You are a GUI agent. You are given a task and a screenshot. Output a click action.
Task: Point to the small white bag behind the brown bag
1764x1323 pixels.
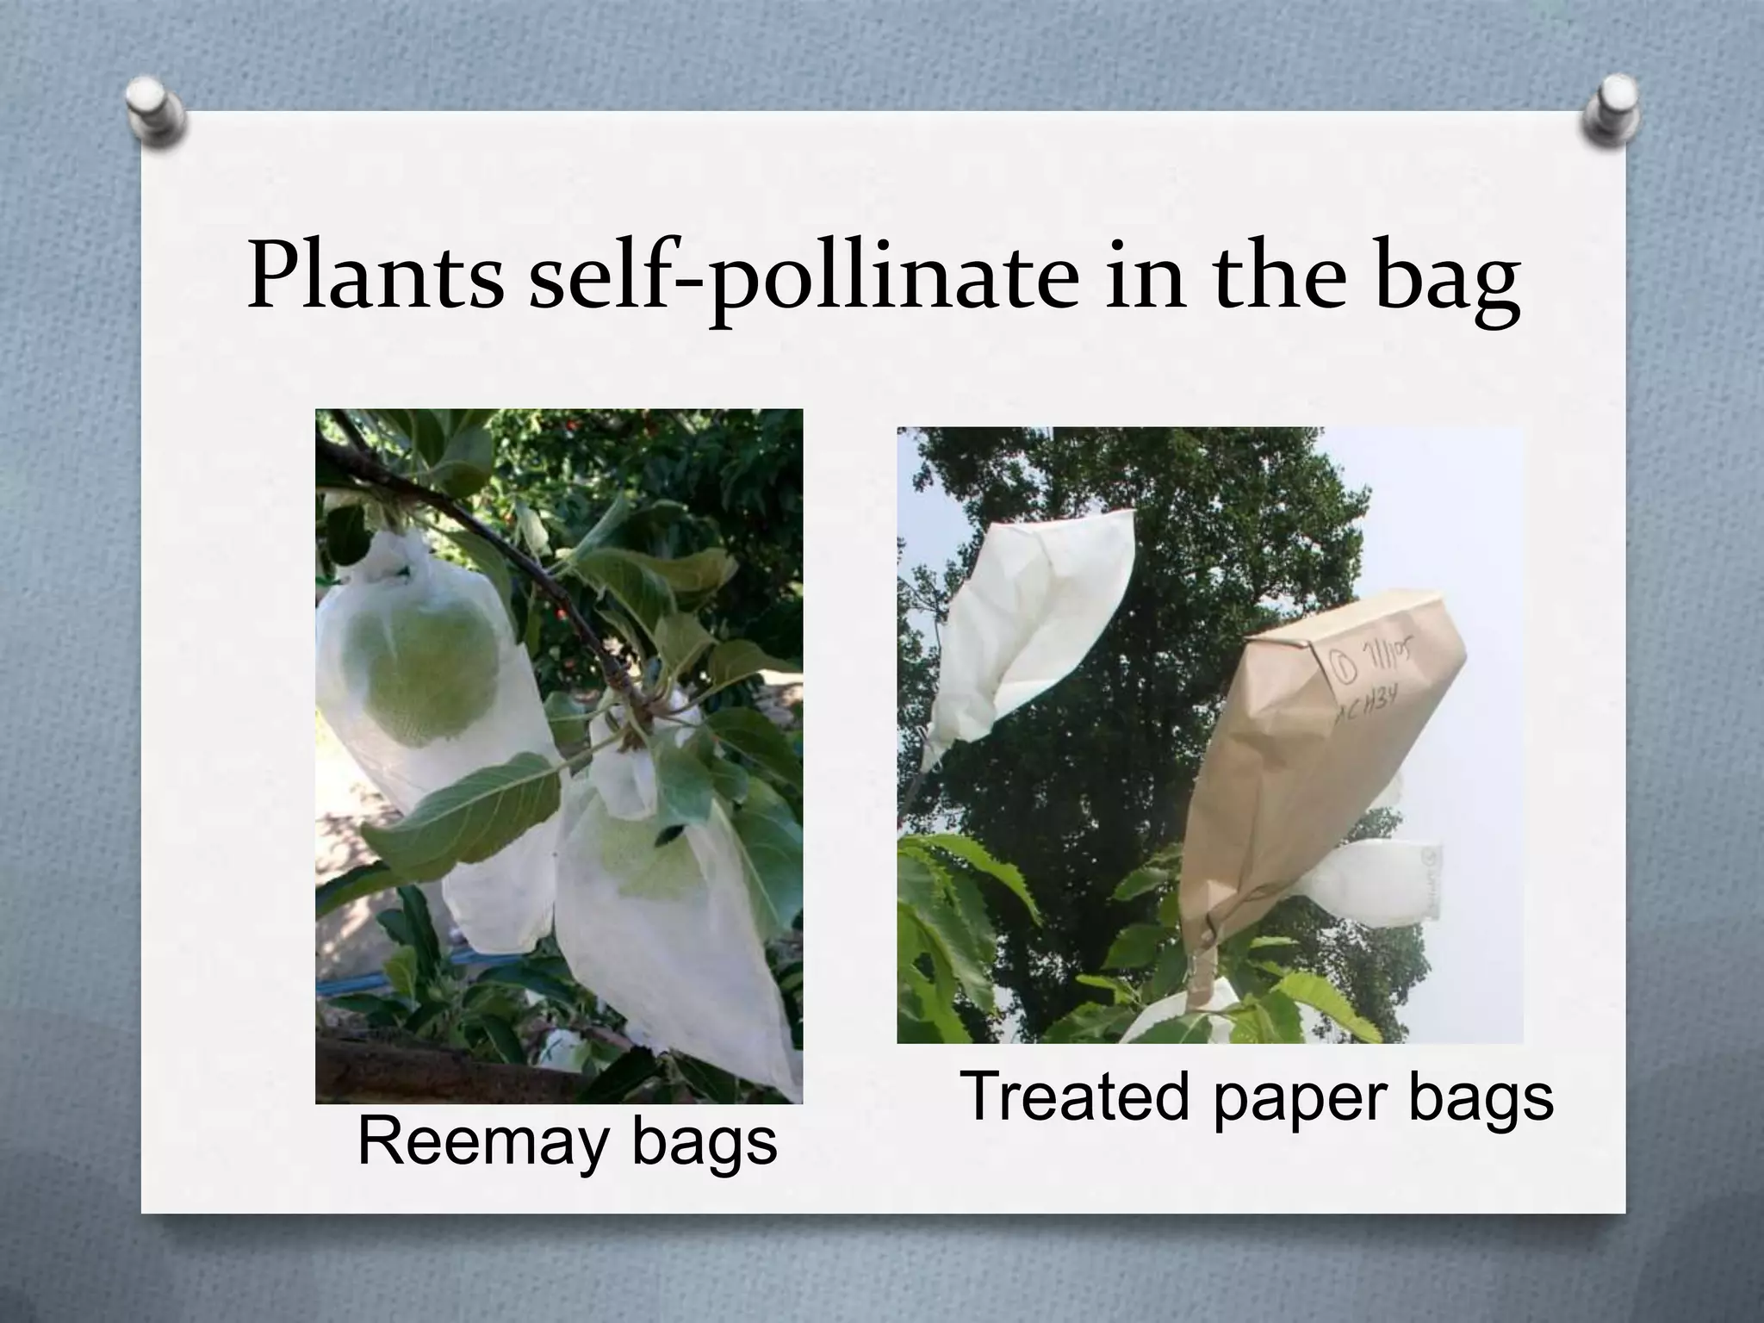(x=1378, y=883)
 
